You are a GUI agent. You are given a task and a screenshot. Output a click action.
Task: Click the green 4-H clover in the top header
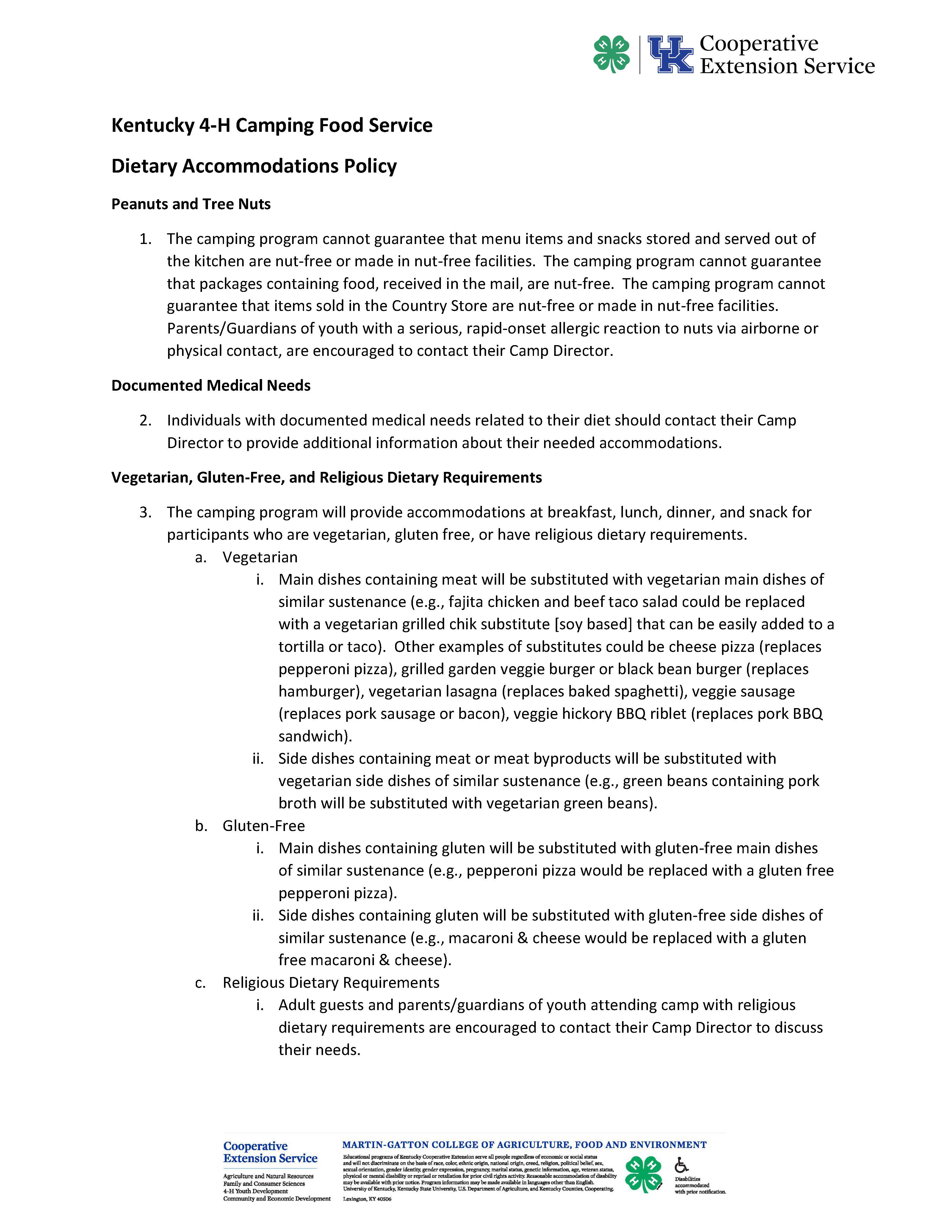(x=611, y=54)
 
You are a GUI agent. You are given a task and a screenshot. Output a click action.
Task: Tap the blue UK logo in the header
(x=670, y=54)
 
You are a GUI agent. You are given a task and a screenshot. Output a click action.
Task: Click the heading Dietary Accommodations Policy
(x=254, y=166)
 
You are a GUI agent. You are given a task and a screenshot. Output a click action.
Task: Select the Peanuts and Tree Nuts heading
(x=191, y=204)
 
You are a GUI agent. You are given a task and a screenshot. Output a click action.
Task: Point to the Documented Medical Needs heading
(x=211, y=386)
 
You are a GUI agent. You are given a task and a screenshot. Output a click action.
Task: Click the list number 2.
(x=145, y=420)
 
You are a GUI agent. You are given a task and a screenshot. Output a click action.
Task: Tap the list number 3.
(x=145, y=512)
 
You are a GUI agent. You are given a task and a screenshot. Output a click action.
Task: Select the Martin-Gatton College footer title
(x=524, y=1145)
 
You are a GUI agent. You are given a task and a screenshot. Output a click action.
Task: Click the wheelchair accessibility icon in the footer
(x=682, y=1164)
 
